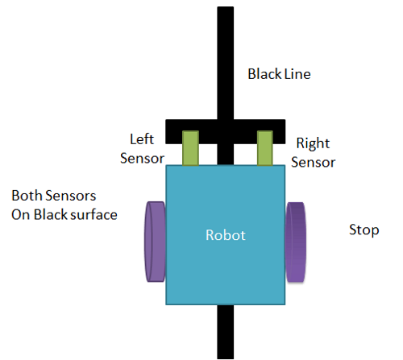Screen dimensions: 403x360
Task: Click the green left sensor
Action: pyautogui.click(x=190, y=148)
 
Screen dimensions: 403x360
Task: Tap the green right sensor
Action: pyautogui.click(x=265, y=148)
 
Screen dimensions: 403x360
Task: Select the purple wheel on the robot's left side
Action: pyautogui.click(x=156, y=242)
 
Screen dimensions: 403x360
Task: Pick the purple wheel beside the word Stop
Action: pyautogui.click(x=295, y=242)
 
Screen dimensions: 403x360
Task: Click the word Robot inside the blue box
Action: pyautogui.click(x=226, y=235)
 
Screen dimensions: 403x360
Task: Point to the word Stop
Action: pyautogui.click(x=364, y=230)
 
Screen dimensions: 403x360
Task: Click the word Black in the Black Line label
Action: pyautogui.click(x=264, y=74)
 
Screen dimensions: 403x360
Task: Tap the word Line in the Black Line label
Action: pyautogui.click(x=297, y=74)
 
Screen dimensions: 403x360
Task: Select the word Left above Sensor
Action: pyautogui.click(x=142, y=139)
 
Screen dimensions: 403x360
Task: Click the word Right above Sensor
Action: pyautogui.click(x=313, y=143)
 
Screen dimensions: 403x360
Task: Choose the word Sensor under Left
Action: pyautogui.click(x=142, y=159)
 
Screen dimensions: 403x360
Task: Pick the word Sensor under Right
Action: pyautogui.click(x=314, y=163)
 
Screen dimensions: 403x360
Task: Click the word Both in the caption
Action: pyautogui.click(x=27, y=196)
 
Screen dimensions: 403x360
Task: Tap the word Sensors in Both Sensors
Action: pyautogui.click(x=71, y=196)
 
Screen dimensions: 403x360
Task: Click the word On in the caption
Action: pyautogui.click(x=21, y=215)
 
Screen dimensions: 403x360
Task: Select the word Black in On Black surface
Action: pyautogui.click(x=50, y=215)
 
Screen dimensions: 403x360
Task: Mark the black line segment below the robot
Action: pyautogui.click(x=226, y=332)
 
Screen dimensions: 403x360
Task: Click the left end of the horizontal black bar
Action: pyautogui.click(x=165, y=131)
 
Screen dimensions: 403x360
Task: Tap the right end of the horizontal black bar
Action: pyautogui.click(x=285, y=131)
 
